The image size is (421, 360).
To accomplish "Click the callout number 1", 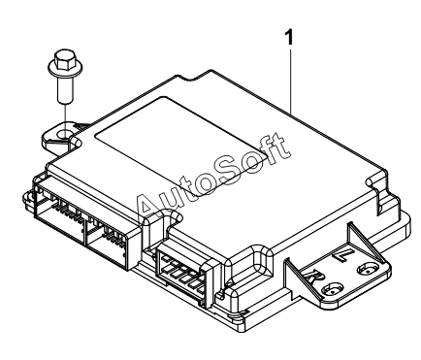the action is [289, 37].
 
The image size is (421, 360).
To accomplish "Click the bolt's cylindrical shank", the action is [65, 88].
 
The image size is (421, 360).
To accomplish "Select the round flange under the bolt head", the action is [65, 69].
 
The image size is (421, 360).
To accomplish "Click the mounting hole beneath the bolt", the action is [65, 133].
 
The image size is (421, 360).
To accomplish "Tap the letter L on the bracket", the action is [340, 256].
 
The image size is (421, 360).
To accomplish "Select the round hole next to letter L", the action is [367, 268].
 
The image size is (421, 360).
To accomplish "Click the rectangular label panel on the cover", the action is [181, 146].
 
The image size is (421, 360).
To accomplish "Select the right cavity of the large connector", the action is [107, 242].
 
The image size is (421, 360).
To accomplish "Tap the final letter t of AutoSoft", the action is [277, 145].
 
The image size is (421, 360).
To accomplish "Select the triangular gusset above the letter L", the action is [367, 242].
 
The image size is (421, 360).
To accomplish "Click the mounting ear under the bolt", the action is [61, 138].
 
